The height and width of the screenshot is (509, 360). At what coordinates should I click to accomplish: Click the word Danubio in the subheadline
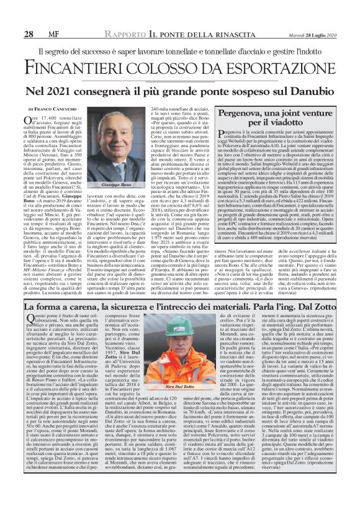312,91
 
